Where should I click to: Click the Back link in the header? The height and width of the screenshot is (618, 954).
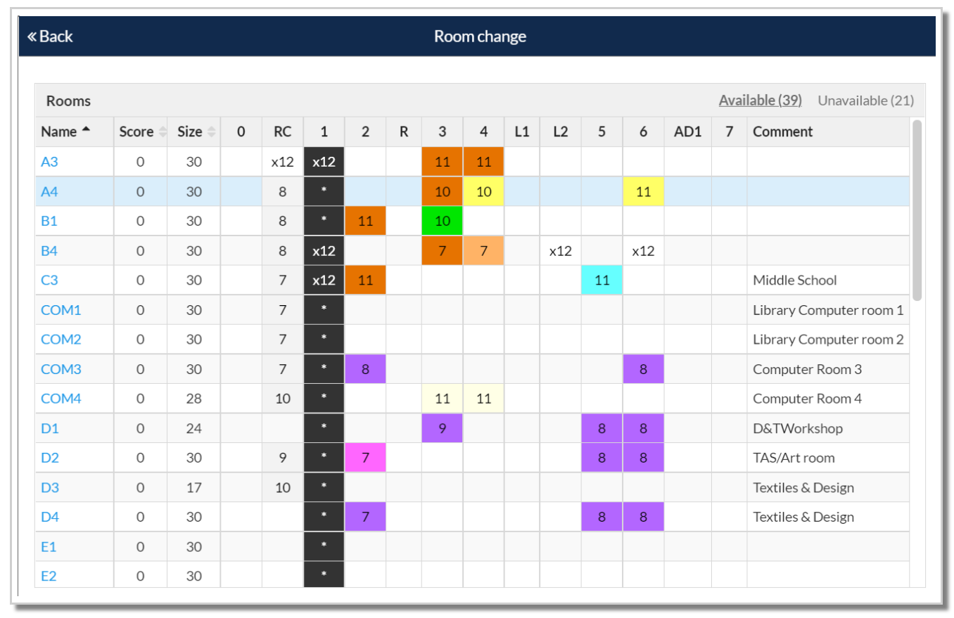(x=50, y=37)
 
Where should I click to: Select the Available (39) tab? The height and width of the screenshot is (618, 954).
(x=760, y=101)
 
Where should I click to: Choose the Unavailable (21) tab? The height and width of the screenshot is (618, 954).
(x=865, y=101)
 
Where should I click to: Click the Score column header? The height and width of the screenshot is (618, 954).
(x=136, y=131)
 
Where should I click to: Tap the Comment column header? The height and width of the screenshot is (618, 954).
(x=782, y=131)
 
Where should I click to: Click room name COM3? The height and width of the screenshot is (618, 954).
(x=61, y=369)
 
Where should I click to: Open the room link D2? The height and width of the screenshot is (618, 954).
(x=50, y=458)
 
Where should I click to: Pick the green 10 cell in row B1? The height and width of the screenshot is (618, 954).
(x=442, y=221)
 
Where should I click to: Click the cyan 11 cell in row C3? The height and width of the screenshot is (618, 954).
(x=602, y=280)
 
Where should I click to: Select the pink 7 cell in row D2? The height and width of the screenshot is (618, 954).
(x=365, y=458)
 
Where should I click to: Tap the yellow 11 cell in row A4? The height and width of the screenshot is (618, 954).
(x=643, y=191)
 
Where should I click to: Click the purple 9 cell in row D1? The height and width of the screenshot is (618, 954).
(x=442, y=428)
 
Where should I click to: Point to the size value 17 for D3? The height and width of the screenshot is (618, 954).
(x=189, y=487)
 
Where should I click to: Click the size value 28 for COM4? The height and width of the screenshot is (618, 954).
(x=189, y=399)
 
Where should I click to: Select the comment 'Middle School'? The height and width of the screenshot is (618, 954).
(x=794, y=280)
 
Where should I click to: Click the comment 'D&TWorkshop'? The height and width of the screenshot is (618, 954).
(x=797, y=428)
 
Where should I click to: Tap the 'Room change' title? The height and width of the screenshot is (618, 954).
(x=480, y=37)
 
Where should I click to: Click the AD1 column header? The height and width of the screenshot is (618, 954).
(x=687, y=131)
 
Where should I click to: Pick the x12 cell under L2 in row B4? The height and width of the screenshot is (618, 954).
(x=560, y=250)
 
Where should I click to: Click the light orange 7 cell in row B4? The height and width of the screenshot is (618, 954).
(x=483, y=250)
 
